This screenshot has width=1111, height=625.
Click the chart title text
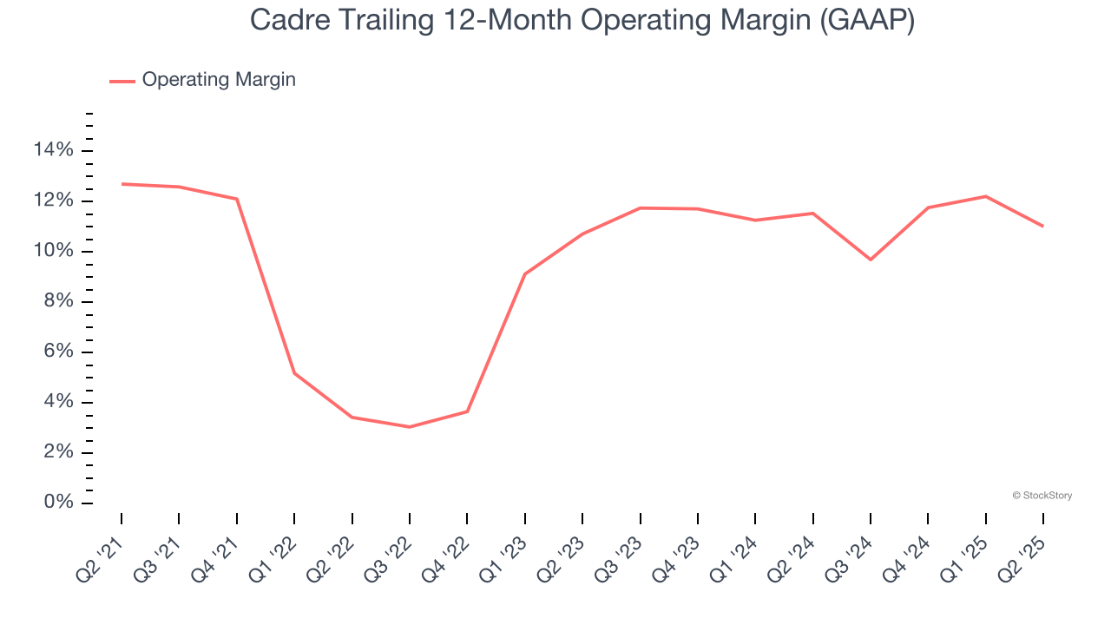click(582, 20)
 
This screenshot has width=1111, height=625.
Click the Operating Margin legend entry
click(218, 80)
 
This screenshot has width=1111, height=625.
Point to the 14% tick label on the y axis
click(53, 151)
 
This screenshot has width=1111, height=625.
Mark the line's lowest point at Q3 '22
click(410, 427)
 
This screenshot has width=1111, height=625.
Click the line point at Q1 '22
click(294, 373)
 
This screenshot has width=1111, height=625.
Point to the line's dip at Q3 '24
click(871, 260)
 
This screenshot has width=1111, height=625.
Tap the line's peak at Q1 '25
click(986, 196)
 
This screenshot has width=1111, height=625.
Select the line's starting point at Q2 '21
click(122, 184)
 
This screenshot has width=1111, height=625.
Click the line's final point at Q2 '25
click(1043, 227)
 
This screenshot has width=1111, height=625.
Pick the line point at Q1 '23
click(525, 274)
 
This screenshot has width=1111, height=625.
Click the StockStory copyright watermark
click(1042, 496)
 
